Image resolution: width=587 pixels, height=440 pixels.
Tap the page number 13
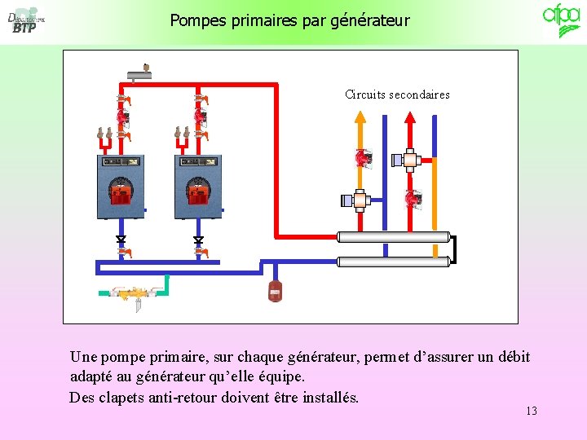(532, 411)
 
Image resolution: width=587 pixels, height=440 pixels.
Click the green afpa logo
(562, 20)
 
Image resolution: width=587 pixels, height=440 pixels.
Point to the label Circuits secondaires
(397, 95)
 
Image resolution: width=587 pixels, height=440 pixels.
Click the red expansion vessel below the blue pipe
(275, 289)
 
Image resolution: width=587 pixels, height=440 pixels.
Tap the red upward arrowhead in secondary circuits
(410, 116)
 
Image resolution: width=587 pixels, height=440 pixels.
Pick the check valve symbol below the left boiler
(121, 240)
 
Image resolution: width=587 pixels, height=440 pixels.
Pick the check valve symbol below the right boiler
(198, 240)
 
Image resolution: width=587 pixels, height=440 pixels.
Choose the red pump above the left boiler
(122, 117)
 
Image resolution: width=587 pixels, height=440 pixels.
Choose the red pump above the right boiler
(200, 117)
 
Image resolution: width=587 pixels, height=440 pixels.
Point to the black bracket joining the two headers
(453, 249)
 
